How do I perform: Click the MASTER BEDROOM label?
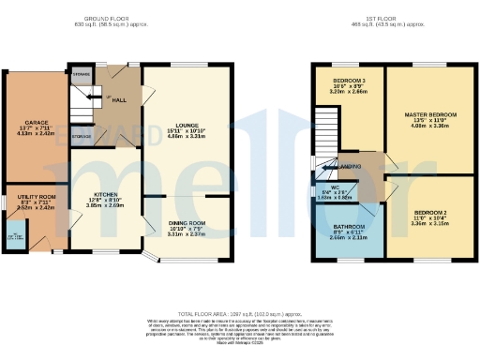430,114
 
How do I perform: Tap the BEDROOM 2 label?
430,213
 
